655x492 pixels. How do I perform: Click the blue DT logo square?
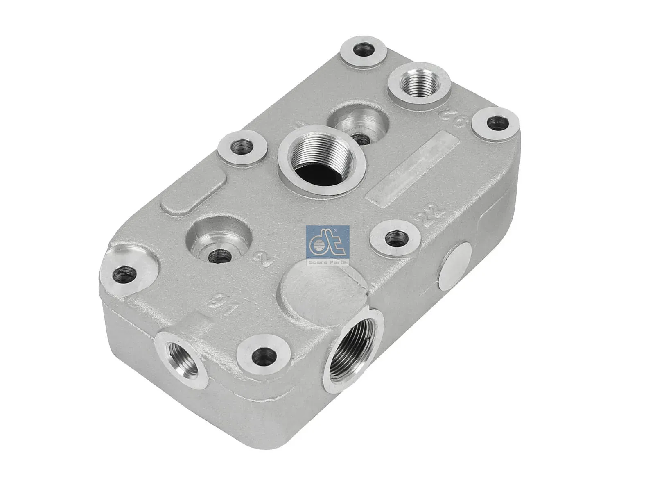click(x=327, y=242)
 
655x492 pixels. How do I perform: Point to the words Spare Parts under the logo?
click(x=327, y=262)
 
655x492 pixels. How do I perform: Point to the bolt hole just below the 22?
click(x=394, y=237)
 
